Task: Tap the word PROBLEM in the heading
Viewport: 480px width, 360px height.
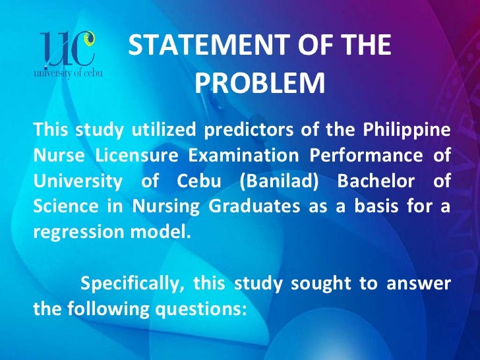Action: coord(260,84)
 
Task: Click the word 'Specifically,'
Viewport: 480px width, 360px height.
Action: coord(133,284)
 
